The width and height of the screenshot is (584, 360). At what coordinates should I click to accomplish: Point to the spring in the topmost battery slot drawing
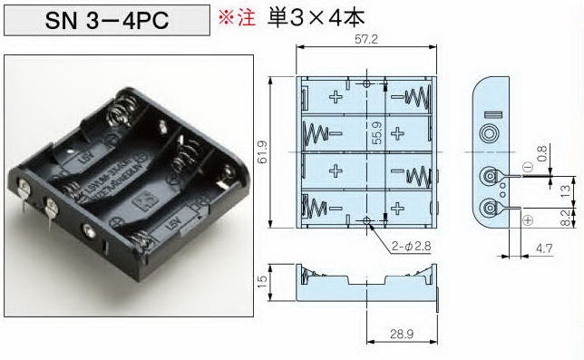tap(420, 95)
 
